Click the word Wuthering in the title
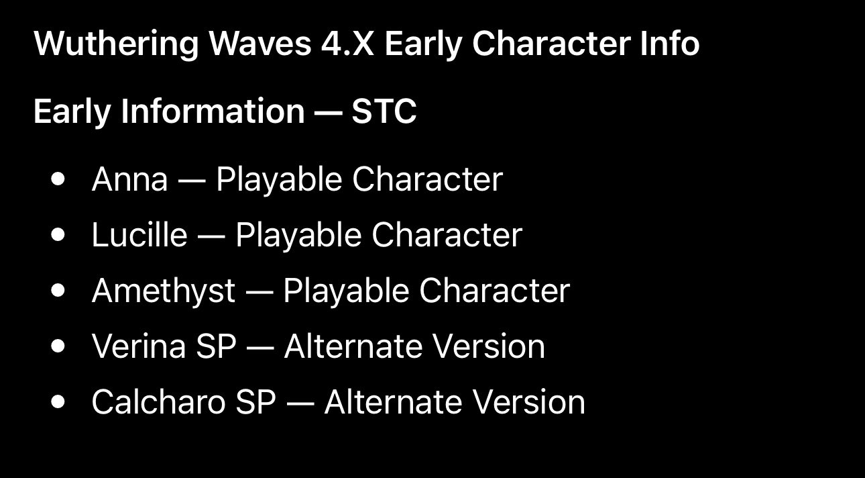tap(116, 44)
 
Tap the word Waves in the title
tap(260, 43)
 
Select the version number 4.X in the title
tap(347, 44)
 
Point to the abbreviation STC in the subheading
tap(384, 111)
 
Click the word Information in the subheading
tap(213, 111)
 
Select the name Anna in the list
tap(130, 179)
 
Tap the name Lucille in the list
tap(139, 234)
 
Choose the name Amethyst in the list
tap(164, 291)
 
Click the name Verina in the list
tap(139, 346)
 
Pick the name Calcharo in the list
tap(158, 402)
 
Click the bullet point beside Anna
tap(58, 179)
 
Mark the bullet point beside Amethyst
tap(58, 291)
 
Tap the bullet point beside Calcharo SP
tap(58, 401)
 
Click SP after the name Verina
tap(216, 346)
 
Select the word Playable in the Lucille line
tap(298, 236)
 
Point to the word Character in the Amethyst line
tap(495, 291)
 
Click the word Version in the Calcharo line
tap(529, 402)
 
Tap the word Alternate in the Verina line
tap(353, 346)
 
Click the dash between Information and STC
tap(329, 113)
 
